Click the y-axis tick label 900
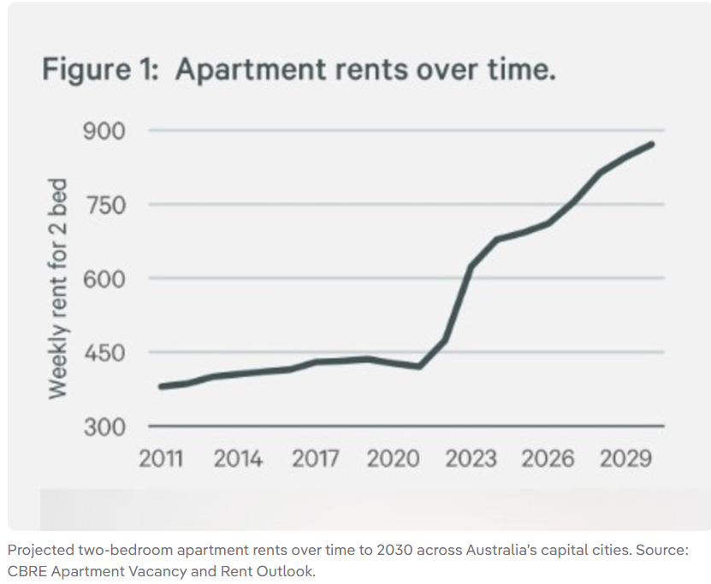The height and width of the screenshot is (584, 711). click(104, 132)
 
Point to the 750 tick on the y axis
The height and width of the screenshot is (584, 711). click(104, 205)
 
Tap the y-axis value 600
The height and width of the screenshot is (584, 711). click(104, 279)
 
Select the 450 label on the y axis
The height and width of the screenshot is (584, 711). click(104, 352)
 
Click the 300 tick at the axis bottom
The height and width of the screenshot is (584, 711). click(104, 426)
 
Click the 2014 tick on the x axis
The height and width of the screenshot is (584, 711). click(238, 458)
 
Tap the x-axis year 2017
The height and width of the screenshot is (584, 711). click(315, 458)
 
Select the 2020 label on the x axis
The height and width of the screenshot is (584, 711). click(394, 458)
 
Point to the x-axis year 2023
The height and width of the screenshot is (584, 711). click(471, 458)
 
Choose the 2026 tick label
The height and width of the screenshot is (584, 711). click(548, 458)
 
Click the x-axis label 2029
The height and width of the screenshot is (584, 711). click(625, 458)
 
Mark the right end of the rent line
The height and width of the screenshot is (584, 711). click(653, 144)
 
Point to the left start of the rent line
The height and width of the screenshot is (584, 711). click(161, 386)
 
